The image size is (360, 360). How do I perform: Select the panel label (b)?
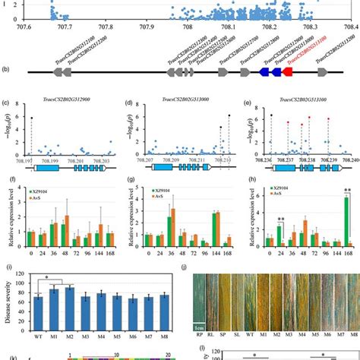[7, 70]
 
